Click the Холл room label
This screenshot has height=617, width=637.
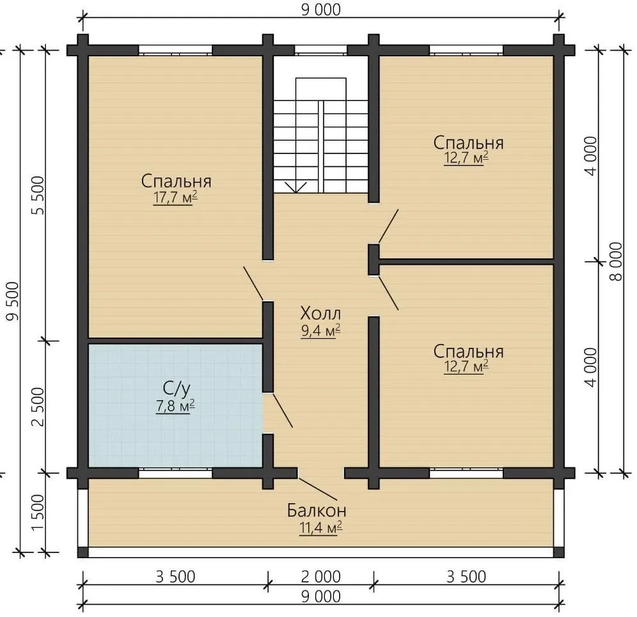point(320,313)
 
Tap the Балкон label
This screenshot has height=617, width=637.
point(317,510)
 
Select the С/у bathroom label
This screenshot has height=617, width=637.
point(176,389)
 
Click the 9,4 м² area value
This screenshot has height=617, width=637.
point(320,331)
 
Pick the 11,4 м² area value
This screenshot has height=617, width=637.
point(320,528)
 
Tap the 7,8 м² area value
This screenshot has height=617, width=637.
point(175,406)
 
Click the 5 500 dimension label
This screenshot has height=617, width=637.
point(37,196)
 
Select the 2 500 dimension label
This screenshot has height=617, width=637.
point(37,407)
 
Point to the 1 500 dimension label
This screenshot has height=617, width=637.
point(37,513)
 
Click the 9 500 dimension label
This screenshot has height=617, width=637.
point(13,301)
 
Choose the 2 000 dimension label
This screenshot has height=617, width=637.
point(321,577)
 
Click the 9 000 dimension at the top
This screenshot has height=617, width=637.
point(321,10)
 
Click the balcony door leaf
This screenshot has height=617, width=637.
point(318,488)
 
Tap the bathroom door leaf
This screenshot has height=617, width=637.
point(282,410)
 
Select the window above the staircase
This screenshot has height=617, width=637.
point(321,51)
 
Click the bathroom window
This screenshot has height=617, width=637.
point(175,473)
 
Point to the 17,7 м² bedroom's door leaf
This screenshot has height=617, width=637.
point(253,283)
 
